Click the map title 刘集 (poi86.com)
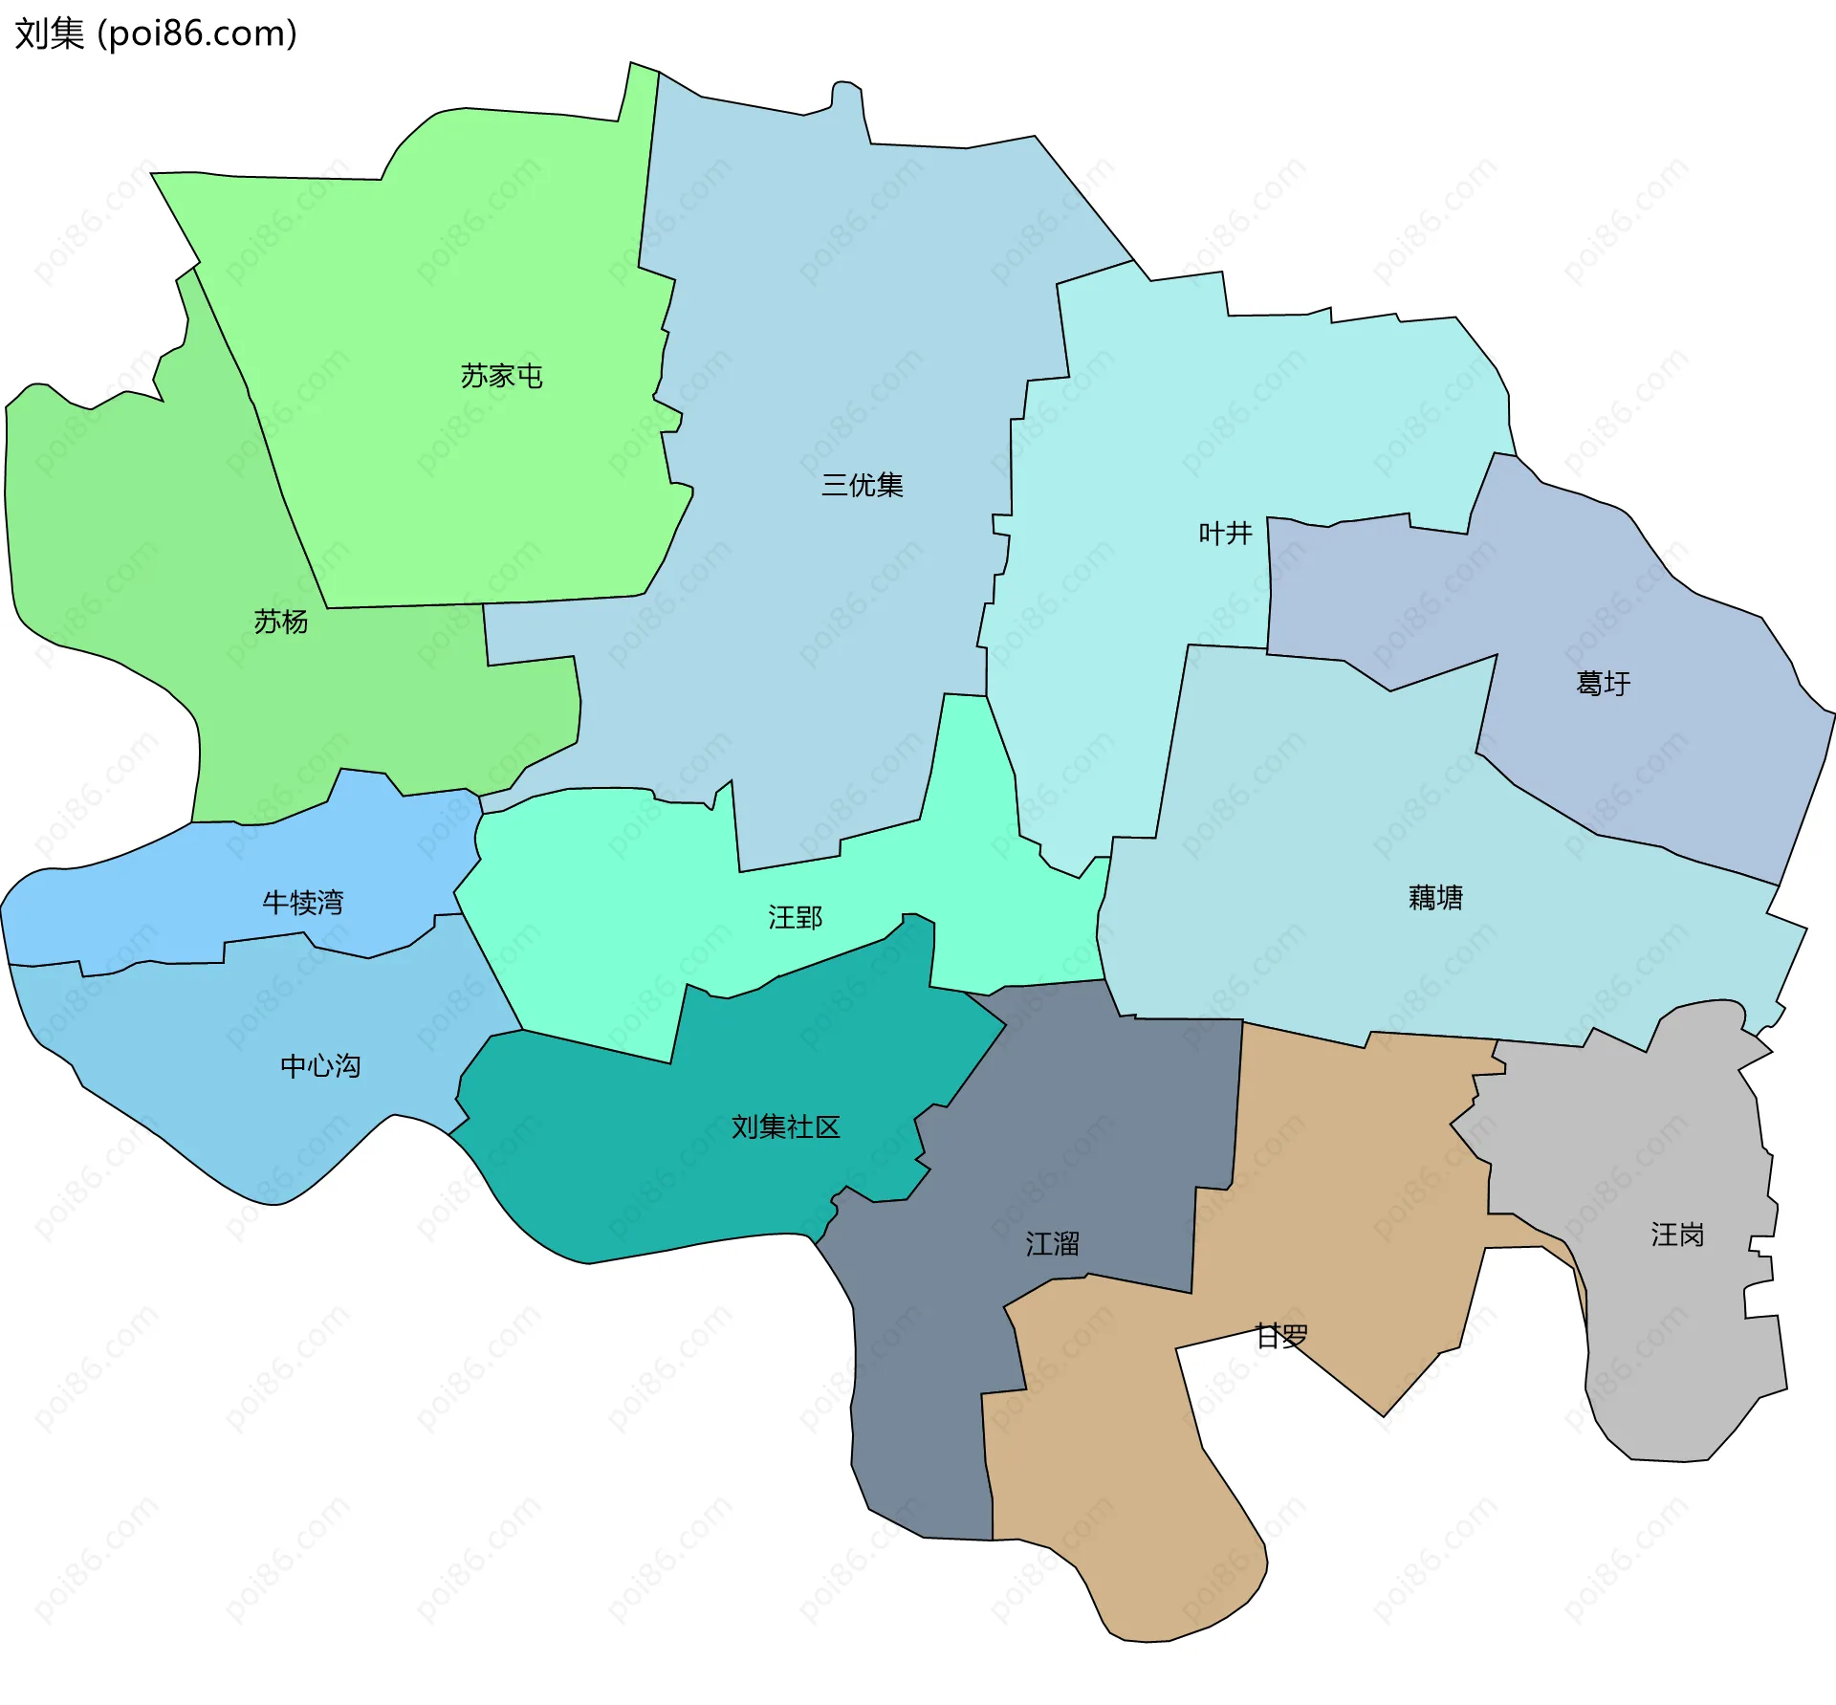156,33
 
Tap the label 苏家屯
501,376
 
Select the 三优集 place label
862,485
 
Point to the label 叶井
1225,533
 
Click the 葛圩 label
1603,683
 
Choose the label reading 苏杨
280,622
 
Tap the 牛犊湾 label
302,902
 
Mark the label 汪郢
795,918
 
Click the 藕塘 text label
1435,897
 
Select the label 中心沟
319,1065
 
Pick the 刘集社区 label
785,1126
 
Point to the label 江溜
1052,1243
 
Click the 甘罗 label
1281,1336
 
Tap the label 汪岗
1677,1235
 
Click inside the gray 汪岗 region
1664,1339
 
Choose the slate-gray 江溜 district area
918,1387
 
